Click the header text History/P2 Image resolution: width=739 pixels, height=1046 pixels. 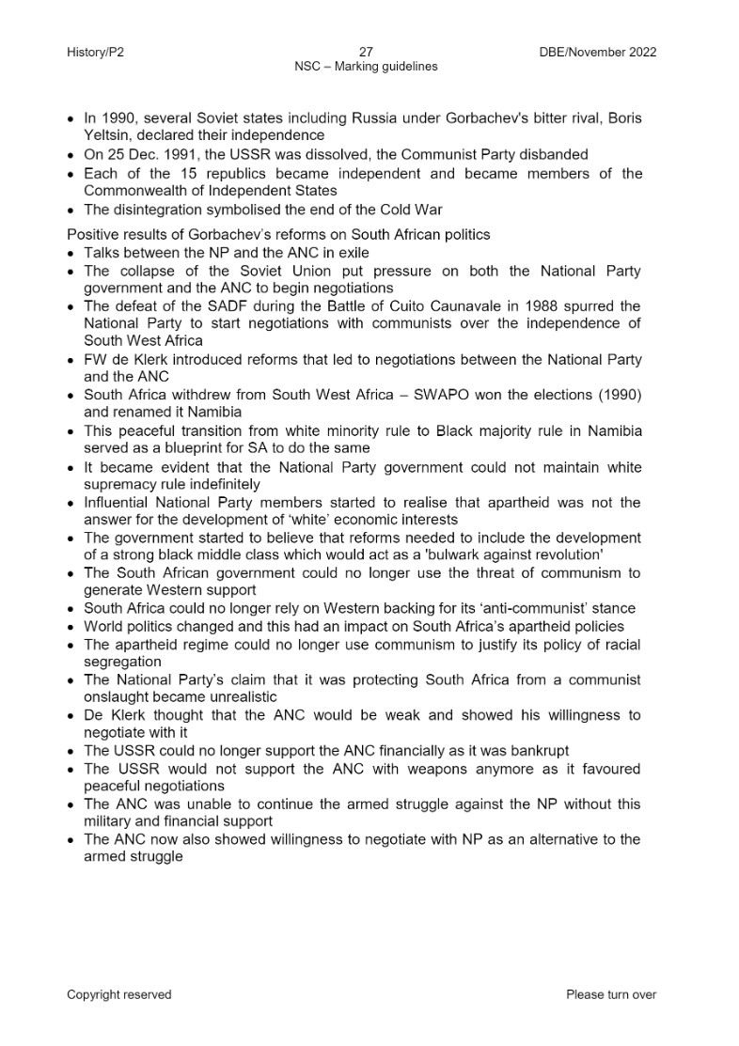click(95, 53)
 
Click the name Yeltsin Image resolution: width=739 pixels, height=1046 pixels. click(106, 135)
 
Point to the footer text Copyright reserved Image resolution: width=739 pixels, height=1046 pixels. click(118, 994)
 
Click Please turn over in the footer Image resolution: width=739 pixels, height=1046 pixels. click(611, 994)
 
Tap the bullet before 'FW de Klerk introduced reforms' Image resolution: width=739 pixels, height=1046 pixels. click(72, 360)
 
